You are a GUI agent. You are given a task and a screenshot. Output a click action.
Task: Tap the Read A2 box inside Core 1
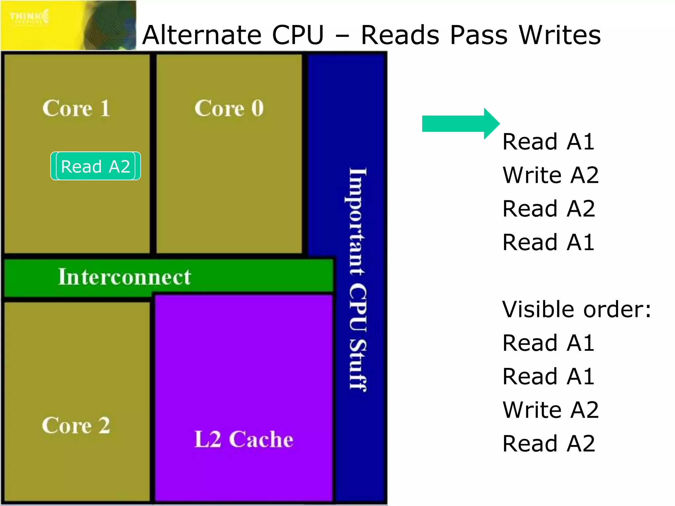(96, 166)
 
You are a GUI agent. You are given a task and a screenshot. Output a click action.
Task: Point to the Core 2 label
(76, 425)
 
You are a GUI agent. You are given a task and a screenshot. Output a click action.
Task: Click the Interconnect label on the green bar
(124, 277)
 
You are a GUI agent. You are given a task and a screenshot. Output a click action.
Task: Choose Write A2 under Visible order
(550, 410)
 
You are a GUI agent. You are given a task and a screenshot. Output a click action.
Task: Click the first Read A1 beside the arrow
(548, 142)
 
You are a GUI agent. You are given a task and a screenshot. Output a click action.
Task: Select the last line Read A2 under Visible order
(548, 443)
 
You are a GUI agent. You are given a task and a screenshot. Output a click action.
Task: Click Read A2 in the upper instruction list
(548, 209)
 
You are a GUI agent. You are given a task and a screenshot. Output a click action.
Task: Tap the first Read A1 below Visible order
(548, 343)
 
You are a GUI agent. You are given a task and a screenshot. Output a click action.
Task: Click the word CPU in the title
(298, 35)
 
